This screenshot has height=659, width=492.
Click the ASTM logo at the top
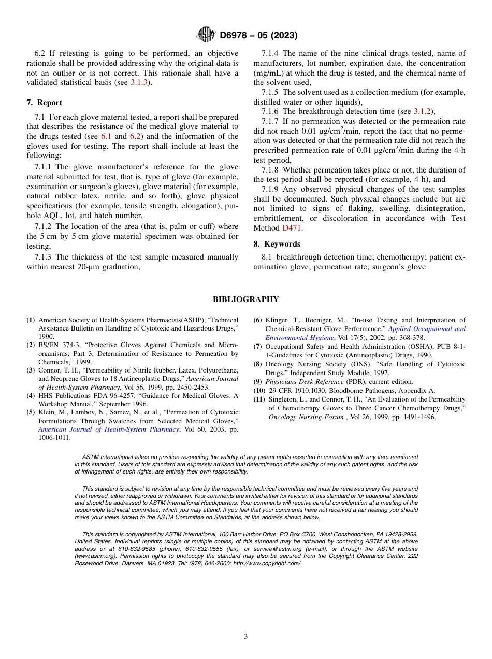(206, 35)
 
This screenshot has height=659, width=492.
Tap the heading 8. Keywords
(277, 244)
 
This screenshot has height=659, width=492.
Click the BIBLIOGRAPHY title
(246, 299)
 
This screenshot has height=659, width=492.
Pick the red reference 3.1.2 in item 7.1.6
(423, 111)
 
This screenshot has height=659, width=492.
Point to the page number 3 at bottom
(246, 637)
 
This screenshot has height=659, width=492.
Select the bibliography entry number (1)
(31, 320)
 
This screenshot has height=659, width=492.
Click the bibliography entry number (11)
(259, 399)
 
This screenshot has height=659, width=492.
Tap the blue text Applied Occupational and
(426, 329)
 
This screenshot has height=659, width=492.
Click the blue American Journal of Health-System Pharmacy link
(109, 429)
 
